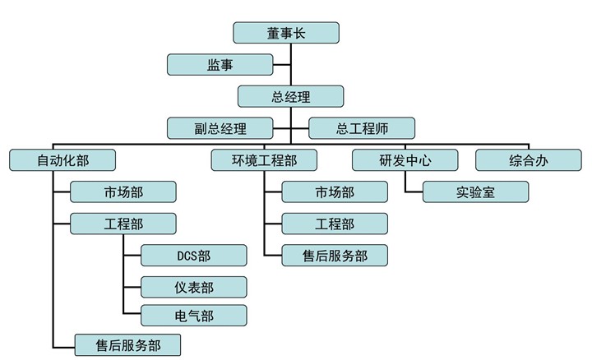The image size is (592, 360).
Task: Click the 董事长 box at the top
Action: [x=286, y=32]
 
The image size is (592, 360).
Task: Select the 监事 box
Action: [x=220, y=64]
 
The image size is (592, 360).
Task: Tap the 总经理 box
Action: [x=290, y=96]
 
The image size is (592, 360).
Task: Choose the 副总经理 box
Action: [x=220, y=128]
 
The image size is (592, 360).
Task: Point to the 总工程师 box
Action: [x=361, y=128]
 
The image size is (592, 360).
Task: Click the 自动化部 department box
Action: [x=62, y=159]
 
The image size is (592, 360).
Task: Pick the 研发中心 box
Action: [x=405, y=159]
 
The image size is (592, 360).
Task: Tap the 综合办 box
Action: [x=529, y=159]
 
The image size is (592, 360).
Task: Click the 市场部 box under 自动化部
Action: [x=123, y=192]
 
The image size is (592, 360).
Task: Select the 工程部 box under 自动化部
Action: [x=123, y=224]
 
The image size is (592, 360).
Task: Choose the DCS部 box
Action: [x=193, y=256]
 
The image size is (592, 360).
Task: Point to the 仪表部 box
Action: [x=193, y=287]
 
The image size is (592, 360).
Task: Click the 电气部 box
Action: [x=193, y=315]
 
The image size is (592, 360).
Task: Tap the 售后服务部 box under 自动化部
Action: [x=127, y=344]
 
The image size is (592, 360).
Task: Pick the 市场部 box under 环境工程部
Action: [x=335, y=192]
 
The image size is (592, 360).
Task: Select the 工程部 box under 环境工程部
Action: [x=335, y=224]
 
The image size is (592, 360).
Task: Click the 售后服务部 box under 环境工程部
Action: [x=335, y=256]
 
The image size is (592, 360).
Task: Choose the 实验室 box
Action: [x=475, y=192]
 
